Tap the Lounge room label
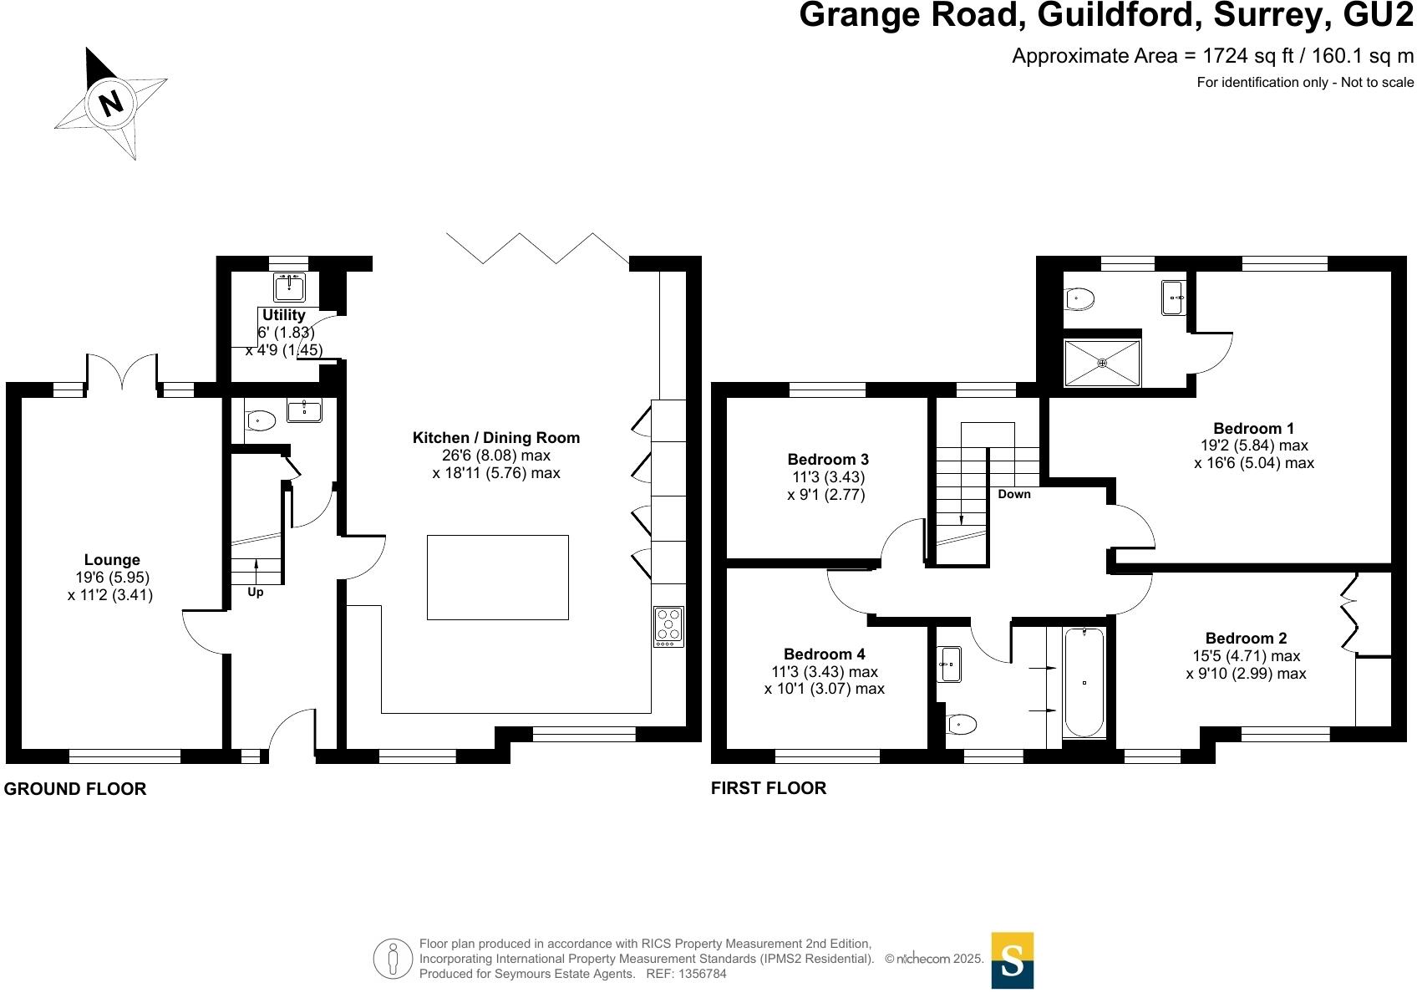tap(112, 560)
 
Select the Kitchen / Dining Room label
tap(496, 438)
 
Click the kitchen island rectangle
tap(497, 578)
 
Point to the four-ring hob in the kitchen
tap(668, 626)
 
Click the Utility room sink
tap(289, 288)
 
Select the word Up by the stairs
tap(256, 593)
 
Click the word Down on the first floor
tap(1014, 494)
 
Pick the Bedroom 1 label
tap(1253, 429)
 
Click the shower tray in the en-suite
tap(1102, 363)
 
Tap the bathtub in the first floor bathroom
tap(1084, 683)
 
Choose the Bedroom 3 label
tap(828, 460)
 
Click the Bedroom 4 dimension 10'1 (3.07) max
tap(824, 689)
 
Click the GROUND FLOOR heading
tap(75, 789)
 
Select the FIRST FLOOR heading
tap(769, 788)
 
